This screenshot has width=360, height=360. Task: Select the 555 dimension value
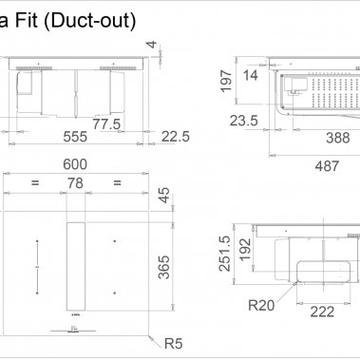[74, 136]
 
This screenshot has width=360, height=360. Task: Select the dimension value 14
[251, 75]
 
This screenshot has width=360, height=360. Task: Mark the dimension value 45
[163, 196]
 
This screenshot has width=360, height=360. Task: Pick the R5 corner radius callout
[172, 343]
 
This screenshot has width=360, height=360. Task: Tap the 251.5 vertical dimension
[225, 254]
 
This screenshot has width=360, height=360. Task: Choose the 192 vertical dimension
[245, 248]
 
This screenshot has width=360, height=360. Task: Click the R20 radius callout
[261, 306]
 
